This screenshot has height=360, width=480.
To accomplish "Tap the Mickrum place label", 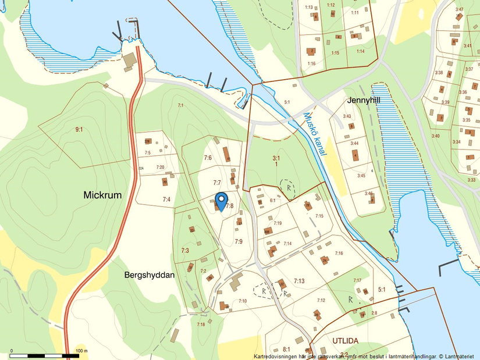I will pos(102,195).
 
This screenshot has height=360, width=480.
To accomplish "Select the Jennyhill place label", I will pos(364,100).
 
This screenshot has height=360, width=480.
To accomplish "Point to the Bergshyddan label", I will pos(150,275).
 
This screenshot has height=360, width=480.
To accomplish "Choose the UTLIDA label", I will pos(346,340).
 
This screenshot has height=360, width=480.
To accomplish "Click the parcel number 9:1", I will pos(79,130).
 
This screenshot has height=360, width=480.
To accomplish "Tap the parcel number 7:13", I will pos(299,281).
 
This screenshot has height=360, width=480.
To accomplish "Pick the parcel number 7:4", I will pos(166,199).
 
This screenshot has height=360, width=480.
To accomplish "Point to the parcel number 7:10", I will pos(243,301).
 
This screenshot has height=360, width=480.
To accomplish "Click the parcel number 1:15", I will pos(335,53).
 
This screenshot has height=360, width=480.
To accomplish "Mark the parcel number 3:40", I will pos(435,136).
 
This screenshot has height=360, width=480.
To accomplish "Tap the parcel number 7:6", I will pos(208,158).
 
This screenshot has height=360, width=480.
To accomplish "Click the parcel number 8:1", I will pos(286,348).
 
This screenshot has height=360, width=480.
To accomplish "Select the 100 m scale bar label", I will pos(81,351).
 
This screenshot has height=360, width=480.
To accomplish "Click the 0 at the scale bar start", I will pos(12,351).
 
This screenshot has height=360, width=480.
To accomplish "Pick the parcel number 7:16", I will pos(339,254).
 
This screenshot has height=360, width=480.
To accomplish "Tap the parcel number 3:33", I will pos(471,180).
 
